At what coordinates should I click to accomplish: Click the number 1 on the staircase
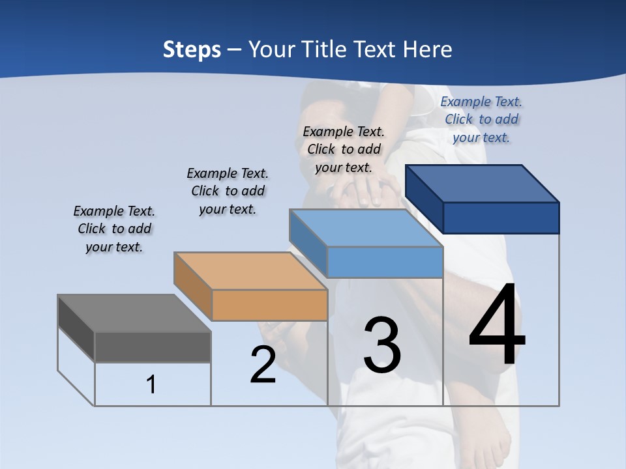pos(151,384)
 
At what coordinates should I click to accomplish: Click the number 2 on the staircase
pos(263,365)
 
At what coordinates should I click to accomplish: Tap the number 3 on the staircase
pos(382,345)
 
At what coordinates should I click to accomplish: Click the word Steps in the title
pos(192,50)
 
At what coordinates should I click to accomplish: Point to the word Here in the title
pos(428,50)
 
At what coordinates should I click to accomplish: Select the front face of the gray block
pos(153,347)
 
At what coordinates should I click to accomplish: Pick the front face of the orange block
pos(269,305)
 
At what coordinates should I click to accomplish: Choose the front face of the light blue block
pos(385,263)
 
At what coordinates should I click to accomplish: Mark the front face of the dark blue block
pos(501,218)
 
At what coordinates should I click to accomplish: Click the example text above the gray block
pos(114,229)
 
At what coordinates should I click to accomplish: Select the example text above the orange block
pos(228,191)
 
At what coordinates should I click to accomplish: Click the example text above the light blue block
pos(344,149)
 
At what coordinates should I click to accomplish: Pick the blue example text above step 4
pos(481,119)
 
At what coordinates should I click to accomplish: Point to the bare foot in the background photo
pos(489,443)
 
